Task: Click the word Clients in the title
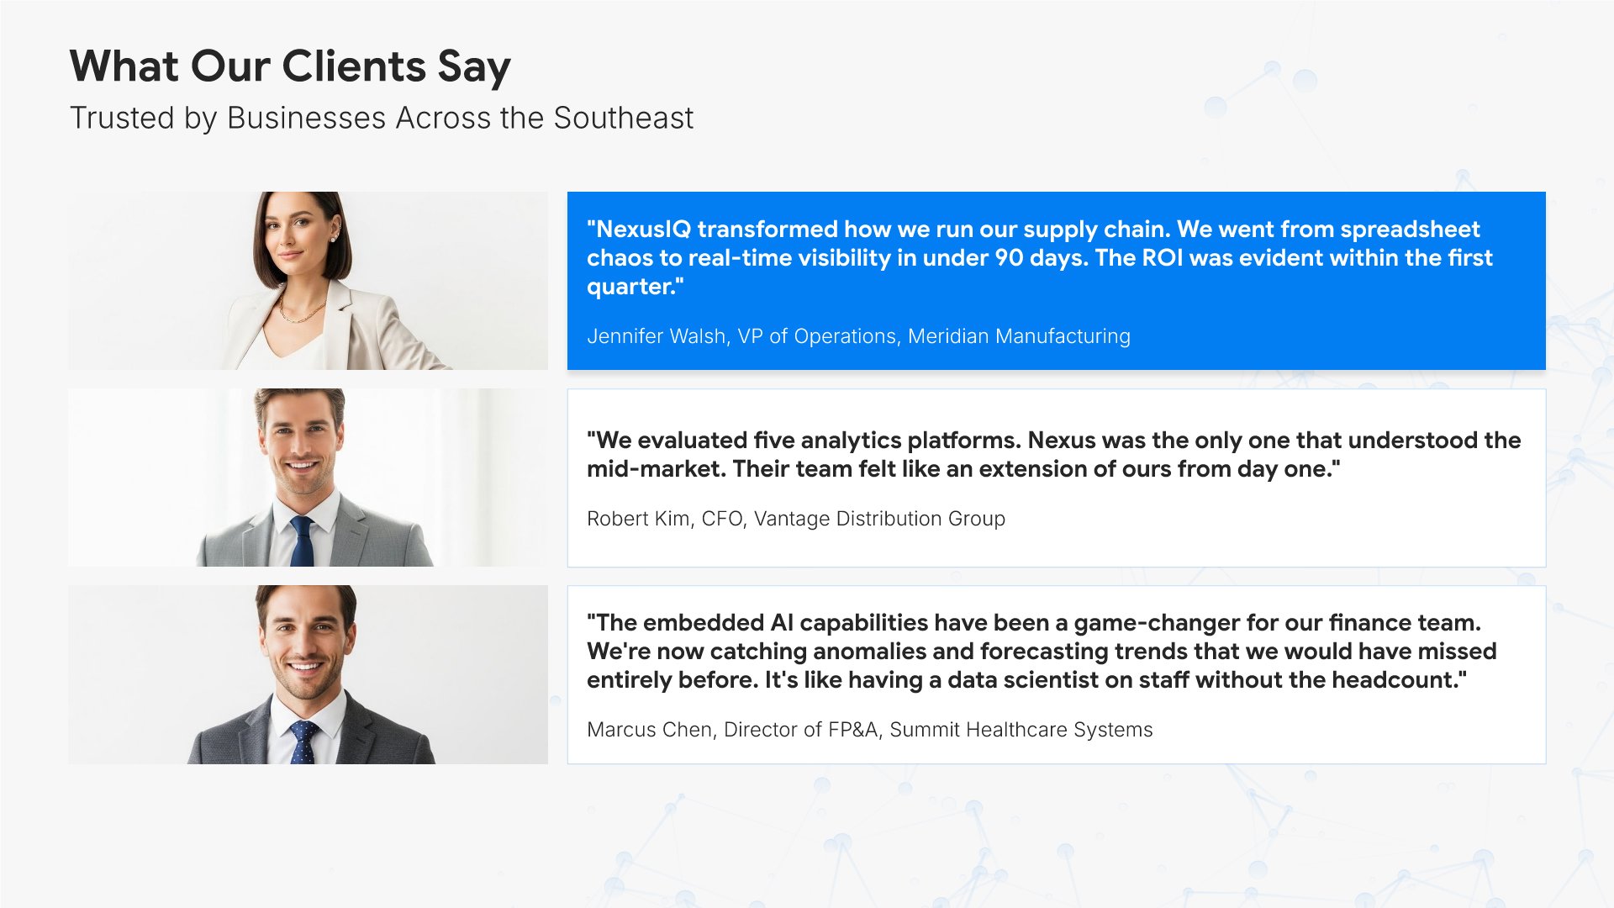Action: pos(353,66)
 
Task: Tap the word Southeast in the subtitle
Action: pos(623,118)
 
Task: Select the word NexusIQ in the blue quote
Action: pos(642,230)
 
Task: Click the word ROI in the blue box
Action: pos(1163,257)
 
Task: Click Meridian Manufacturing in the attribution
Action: pos(1019,336)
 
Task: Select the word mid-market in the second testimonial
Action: pos(656,469)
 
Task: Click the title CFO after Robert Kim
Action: pos(722,519)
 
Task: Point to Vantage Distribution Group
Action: pos(879,519)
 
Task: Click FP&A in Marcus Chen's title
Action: pos(855,730)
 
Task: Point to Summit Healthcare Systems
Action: pos(1021,730)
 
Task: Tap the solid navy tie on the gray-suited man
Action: pos(302,541)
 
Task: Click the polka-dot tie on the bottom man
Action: pos(303,742)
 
